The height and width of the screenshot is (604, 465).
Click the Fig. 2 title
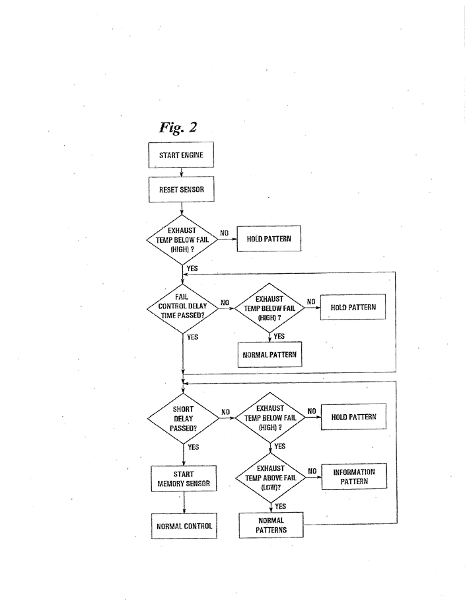[x=178, y=127]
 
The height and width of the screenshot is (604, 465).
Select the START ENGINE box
[x=181, y=156]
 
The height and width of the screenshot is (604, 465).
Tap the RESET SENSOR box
[x=181, y=190]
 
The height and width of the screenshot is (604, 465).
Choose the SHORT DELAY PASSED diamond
[x=182, y=418]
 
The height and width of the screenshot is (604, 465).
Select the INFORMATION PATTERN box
[x=354, y=477]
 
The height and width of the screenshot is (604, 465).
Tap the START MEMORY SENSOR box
[x=184, y=479]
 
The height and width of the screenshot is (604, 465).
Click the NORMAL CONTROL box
[x=184, y=526]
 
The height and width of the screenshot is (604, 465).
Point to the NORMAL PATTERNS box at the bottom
[x=271, y=525]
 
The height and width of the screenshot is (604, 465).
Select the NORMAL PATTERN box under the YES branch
[x=269, y=354]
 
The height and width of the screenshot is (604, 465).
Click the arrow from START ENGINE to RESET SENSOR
[x=181, y=173]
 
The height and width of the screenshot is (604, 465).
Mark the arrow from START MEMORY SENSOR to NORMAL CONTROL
[x=184, y=503]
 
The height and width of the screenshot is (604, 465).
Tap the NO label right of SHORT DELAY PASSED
[x=225, y=412]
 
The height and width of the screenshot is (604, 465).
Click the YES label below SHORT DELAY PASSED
[x=194, y=447]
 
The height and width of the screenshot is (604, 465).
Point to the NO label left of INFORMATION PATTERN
[x=312, y=471]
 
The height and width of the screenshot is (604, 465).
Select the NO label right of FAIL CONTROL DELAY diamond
[x=225, y=303]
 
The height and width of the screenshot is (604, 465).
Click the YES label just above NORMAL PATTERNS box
[x=280, y=506]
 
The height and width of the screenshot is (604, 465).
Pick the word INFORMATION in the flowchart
[x=354, y=472]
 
